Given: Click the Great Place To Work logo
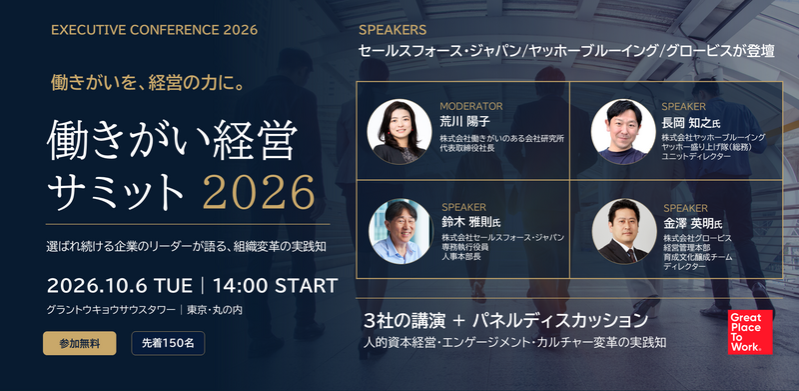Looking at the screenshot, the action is [750, 332].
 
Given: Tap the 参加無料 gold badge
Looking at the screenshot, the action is [80, 344].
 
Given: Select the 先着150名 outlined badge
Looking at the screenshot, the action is [168, 344].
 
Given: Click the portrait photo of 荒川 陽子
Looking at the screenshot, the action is [399, 131].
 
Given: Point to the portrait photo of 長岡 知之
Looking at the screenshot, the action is [623, 131].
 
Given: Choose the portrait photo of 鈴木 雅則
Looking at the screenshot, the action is [401, 231].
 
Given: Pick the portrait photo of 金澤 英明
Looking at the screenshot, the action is [624, 231].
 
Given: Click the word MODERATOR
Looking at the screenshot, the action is [470, 106].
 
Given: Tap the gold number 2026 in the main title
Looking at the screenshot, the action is [259, 192].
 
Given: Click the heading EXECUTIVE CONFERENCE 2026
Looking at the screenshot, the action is [155, 30].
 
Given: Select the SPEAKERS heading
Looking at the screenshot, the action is [393, 30].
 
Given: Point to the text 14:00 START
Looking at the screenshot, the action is [276, 286].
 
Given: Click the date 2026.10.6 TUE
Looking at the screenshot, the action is [119, 286].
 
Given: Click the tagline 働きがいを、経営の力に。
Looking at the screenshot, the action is [147, 83].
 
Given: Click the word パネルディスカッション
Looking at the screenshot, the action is [560, 321].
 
